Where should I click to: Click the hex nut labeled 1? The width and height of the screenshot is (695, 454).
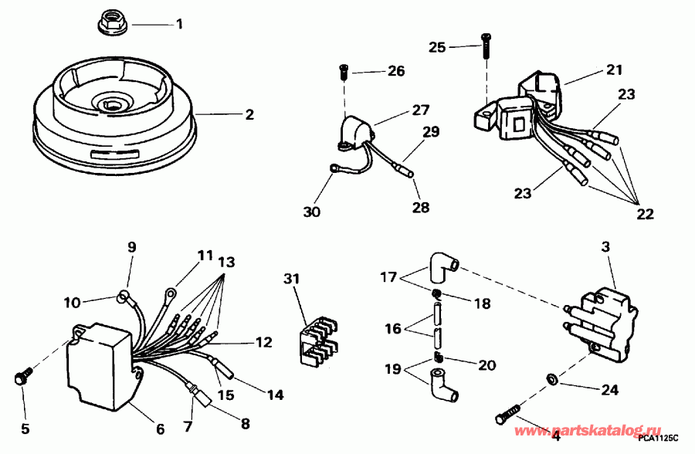[114, 25]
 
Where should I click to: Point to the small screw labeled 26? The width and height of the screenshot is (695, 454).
[344, 73]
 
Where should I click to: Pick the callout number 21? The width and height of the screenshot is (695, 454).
[614, 69]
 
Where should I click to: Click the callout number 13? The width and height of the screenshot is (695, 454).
[227, 260]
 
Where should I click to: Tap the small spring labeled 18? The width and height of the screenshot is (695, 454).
[436, 293]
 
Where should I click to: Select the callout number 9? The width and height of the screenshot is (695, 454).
[131, 247]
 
